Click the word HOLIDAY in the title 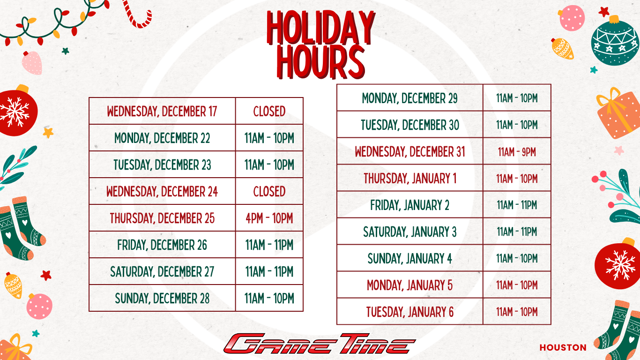click(320, 29)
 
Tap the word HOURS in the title click(320, 61)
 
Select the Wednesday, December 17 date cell click(162, 111)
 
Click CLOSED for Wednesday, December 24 click(269, 191)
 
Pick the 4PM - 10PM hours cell click(269, 218)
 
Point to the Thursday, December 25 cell click(162, 218)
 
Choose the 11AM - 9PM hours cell click(517, 151)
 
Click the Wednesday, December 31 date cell click(410, 151)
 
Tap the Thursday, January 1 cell click(410, 178)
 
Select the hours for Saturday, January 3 click(517, 232)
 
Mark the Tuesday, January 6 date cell click(410, 312)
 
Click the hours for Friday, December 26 click(269, 245)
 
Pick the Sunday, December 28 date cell click(162, 298)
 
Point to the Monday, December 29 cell click(410, 98)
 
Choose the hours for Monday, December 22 click(269, 138)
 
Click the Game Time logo click(319, 344)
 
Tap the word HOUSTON click(563, 348)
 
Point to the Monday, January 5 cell click(410, 285)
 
